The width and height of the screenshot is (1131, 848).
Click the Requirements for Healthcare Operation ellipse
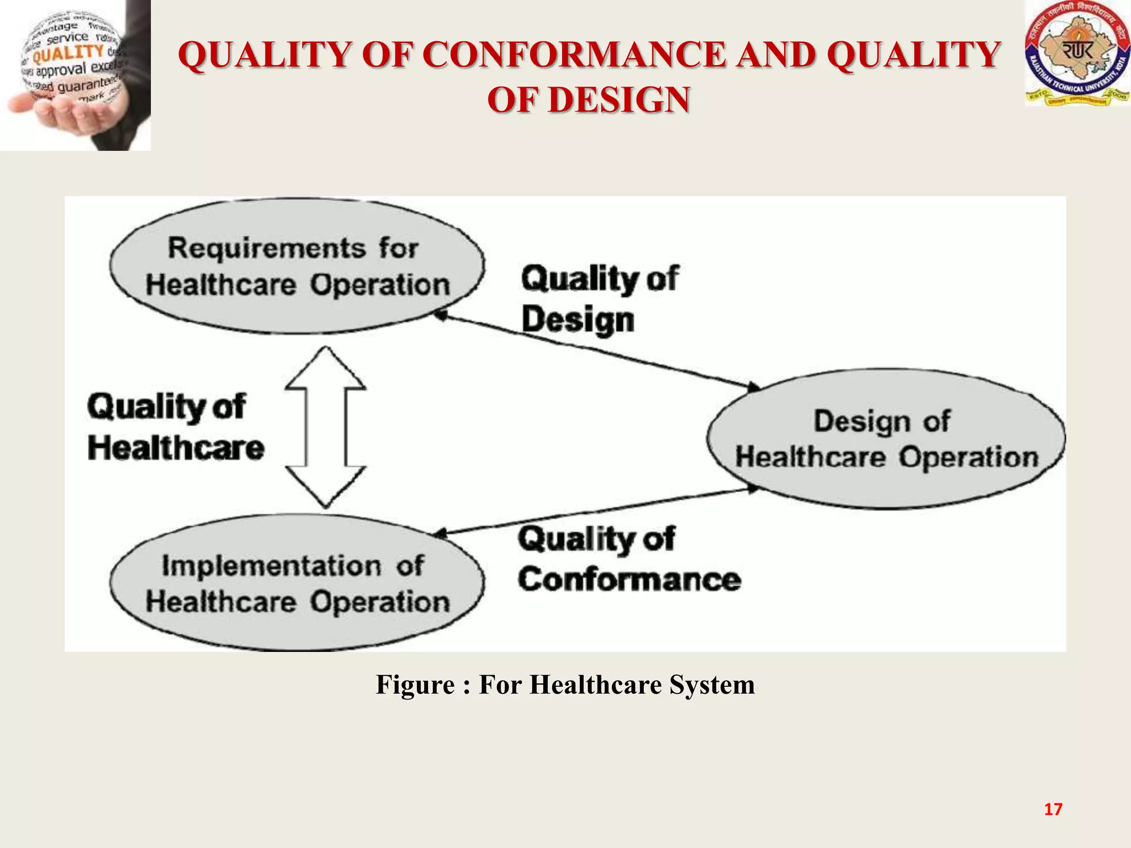297,266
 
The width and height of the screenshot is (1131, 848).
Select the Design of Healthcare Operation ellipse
886,439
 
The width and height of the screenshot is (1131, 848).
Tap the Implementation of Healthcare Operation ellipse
297,583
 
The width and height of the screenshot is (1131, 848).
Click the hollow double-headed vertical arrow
326,427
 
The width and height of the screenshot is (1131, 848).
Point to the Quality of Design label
599,299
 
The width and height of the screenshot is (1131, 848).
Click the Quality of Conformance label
628,559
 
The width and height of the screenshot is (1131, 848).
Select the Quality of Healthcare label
175,427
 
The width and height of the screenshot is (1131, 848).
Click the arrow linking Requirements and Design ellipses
596,350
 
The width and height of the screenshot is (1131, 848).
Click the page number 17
1053,809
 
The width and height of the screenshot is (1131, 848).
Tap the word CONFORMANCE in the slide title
575,55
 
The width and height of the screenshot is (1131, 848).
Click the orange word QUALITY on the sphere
68,54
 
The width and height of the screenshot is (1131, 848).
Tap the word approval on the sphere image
61,71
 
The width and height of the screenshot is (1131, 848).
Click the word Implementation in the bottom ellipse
271,566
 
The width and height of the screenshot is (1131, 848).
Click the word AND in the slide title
776,55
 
